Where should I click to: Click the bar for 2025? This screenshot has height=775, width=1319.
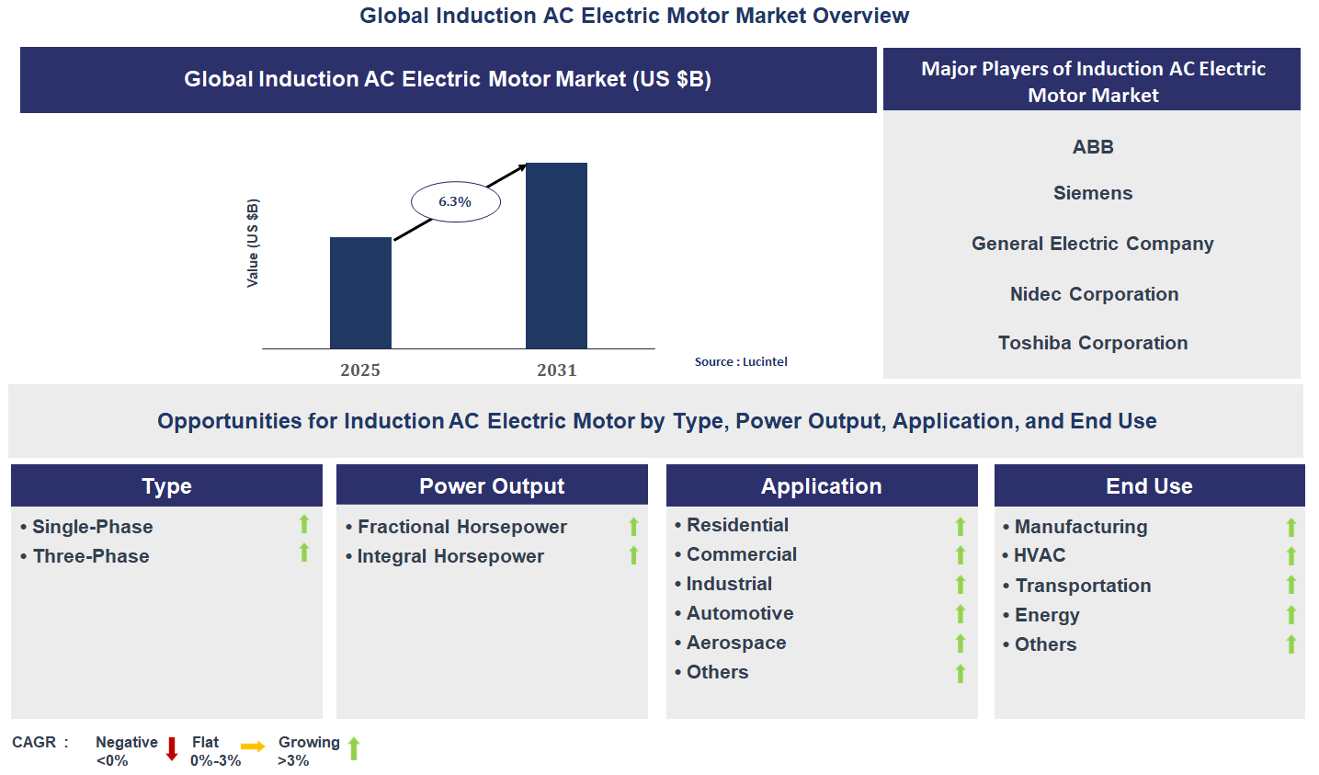tap(360, 292)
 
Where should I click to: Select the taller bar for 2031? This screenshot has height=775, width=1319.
tap(556, 256)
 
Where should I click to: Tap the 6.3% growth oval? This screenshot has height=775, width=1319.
tap(455, 201)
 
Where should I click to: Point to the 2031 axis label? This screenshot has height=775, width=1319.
tap(557, 370)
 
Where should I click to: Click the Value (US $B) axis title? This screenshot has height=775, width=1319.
tap(253, 243)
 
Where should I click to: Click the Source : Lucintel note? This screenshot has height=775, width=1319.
tap(741, 361)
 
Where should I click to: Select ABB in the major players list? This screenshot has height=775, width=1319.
tap(1093, 147)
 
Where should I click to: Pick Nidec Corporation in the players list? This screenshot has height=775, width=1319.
tap(1094, 294)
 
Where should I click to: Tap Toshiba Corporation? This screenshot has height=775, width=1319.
tap(1093, 343)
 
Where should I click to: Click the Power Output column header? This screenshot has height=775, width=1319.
tap(492, 485)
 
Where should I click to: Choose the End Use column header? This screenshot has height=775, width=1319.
tap(1149, 485)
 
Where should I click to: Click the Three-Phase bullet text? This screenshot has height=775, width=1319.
tap(91, 556)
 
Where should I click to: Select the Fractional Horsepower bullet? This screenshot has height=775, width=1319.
tap(461, 527)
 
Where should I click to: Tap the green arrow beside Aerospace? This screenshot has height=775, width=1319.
tap(961, 644)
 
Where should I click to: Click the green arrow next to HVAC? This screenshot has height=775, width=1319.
tap(1291, 556)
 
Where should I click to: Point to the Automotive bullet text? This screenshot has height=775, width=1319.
tap(740, 613)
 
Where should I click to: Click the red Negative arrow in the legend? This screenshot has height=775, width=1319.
tap(172, 749)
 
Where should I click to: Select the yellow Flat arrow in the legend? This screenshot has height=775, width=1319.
tap(253, 747)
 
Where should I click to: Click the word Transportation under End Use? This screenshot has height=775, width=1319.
tap(1083, 586)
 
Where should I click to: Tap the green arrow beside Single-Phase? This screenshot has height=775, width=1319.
tap(304, 524)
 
